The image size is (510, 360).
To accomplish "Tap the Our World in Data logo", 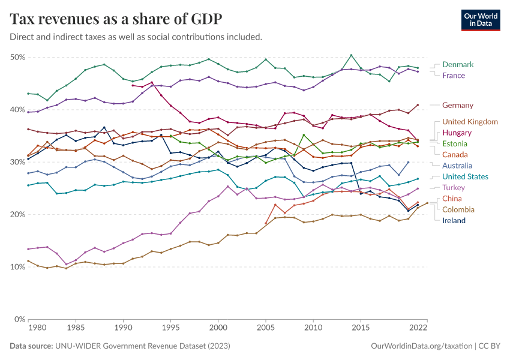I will coord(480,19).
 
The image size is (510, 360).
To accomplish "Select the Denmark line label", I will coord(458,64).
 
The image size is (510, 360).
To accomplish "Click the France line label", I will coord(453,76).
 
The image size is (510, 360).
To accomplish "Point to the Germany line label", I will coord(458,105).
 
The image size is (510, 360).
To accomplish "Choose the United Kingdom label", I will coord(470,122).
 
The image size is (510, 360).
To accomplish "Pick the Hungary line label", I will coord(457,133).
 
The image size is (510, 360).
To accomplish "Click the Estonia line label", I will coord(455,143).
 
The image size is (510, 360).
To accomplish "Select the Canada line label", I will coord(455,154).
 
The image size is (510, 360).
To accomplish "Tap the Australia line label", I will coord(457,166).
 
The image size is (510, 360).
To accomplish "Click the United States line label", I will coord(465,176).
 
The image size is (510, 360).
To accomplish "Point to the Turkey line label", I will coord(454,188).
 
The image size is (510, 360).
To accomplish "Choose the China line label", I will coord(452,199).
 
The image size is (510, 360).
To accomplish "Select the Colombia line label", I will coord(458,209).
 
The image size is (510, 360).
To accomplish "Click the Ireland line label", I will coord(454,220).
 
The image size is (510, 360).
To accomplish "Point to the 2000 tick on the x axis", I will coord(218,329).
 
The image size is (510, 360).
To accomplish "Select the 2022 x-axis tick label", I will coord(418,329).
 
